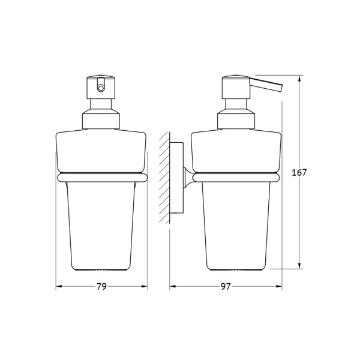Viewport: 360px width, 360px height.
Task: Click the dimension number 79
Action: click(x=101, y=287)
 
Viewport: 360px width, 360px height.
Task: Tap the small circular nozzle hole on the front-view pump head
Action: click(x=101, y=89)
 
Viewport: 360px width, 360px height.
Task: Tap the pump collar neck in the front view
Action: click(x=101, y=118)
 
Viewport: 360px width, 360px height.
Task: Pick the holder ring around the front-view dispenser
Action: click(x=101, y=178)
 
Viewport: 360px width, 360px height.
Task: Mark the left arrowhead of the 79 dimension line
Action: click(x=58, y=287)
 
